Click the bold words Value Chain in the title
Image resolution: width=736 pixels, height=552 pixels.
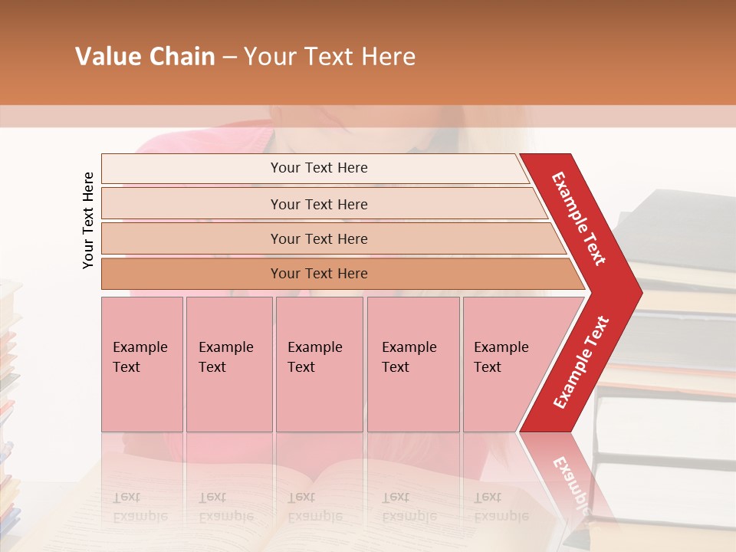point(145,57)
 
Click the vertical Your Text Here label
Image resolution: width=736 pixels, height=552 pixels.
point(89,220)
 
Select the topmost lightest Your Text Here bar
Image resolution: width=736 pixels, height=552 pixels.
point(318,168)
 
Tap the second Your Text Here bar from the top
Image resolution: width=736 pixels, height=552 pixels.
point(318,204)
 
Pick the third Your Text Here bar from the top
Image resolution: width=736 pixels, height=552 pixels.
point(318,238)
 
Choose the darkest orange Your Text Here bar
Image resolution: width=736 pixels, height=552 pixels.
point(318,274)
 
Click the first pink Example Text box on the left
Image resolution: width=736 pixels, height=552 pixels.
point(142,364)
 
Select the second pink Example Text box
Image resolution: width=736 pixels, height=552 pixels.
point(228,364)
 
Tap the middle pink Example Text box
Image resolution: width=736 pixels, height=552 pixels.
point(319,364)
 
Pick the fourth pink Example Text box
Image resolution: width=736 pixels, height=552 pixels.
point(412,364)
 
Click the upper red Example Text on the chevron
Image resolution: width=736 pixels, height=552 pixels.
point(580,219)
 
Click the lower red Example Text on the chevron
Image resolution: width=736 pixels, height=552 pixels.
point(582,362)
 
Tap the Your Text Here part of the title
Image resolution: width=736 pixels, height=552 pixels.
point(330,57)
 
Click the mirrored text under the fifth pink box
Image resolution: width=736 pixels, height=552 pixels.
point(491,506)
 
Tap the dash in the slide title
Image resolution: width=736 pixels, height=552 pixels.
point(229,57)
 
